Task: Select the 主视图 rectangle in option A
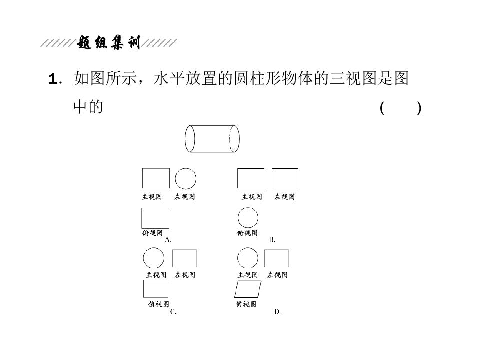[156, 168]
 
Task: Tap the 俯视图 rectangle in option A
[155, 208]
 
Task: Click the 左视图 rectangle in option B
[285, 168]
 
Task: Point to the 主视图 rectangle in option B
[251, 168]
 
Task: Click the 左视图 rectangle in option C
[184, 250]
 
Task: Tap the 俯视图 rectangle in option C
[156, 280]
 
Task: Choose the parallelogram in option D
[248, 281]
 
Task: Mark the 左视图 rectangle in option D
[276, 250]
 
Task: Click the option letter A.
[168, 239]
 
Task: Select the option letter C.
[173, 312]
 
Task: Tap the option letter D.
[277, 312]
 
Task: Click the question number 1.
[53, 79]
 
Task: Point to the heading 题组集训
[109, 43]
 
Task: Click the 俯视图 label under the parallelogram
[246, 304]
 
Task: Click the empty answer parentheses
[400, 108]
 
